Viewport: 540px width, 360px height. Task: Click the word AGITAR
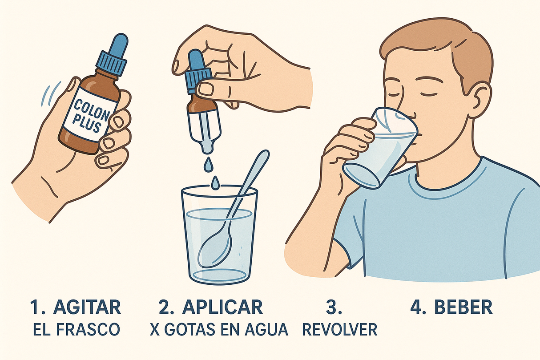[87, 307]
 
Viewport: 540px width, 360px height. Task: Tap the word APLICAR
[222, 307]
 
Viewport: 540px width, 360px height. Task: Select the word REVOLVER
[340, 330]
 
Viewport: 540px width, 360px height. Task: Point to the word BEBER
[463, 307]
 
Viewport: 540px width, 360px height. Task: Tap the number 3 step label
[334, 307]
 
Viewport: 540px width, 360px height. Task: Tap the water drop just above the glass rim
[215, 182]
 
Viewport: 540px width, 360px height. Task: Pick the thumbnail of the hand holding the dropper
[206, 89]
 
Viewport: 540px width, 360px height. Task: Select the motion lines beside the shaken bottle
[49, 93]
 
